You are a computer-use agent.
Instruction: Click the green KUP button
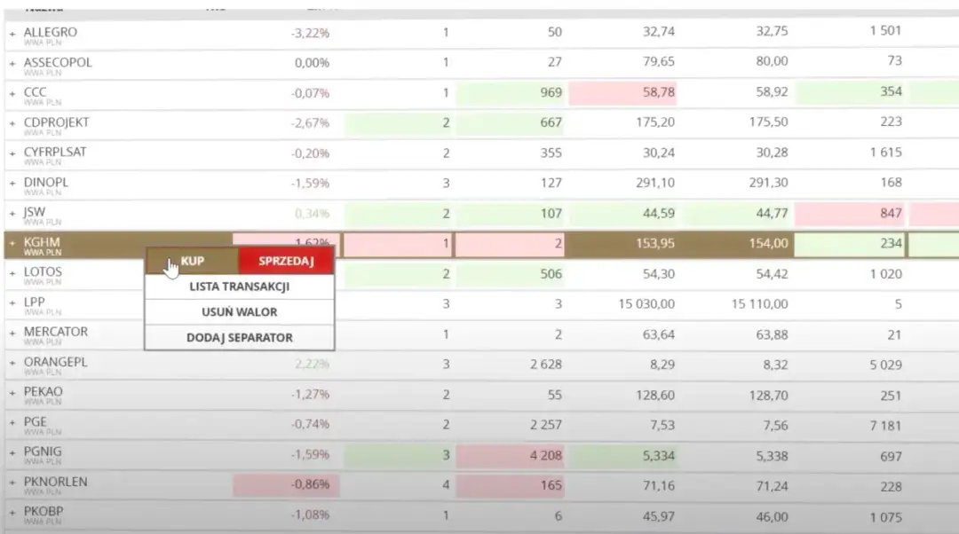click(x=193, y=261)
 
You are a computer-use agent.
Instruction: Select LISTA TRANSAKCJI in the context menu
click(x=240, y=287)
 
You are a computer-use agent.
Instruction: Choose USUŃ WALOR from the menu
click(x=240, y=312)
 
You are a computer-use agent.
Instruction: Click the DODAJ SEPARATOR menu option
click(x=240, y=337)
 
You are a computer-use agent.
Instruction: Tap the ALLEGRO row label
click(x=50, y=32)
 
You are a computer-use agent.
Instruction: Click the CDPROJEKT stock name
click(x=56, y=122)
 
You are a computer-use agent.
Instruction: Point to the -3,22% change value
click(x=310, y=33)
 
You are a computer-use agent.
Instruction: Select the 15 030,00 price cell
click(x=646, y=304)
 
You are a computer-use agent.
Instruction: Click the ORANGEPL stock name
click(x=55, y=362)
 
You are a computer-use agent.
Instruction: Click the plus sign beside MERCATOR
click(x=12, y=333)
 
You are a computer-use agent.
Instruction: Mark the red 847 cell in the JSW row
click(x=890, y=213)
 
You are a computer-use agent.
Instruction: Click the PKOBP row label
click(x=44, y=511)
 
